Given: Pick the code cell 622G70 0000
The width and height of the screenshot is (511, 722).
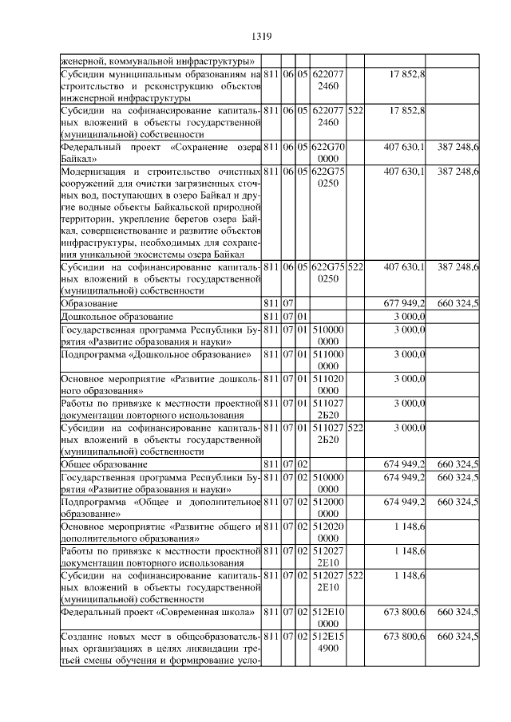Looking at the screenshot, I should (328, 153).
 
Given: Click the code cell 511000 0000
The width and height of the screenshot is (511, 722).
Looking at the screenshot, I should (328, 359).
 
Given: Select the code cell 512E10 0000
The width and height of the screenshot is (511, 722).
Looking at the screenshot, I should (328, 617).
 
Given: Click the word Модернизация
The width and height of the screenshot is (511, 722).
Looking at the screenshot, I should (100, 172).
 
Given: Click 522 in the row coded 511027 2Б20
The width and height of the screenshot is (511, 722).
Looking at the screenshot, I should (355, 428).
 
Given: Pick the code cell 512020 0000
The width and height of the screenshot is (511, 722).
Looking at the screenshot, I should (328, 532).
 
